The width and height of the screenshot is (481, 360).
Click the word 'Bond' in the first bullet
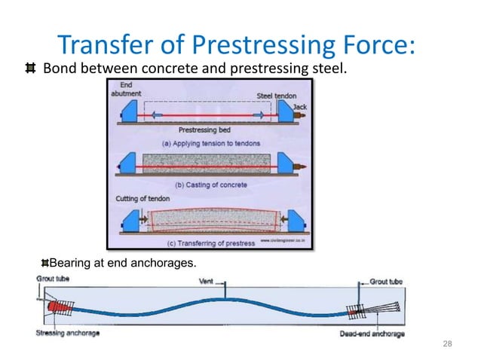pos(60,70)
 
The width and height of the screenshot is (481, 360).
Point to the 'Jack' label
pos(299,107)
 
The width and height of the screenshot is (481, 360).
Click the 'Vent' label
pos(205,281)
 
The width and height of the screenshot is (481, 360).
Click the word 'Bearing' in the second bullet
pos(70,262)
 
